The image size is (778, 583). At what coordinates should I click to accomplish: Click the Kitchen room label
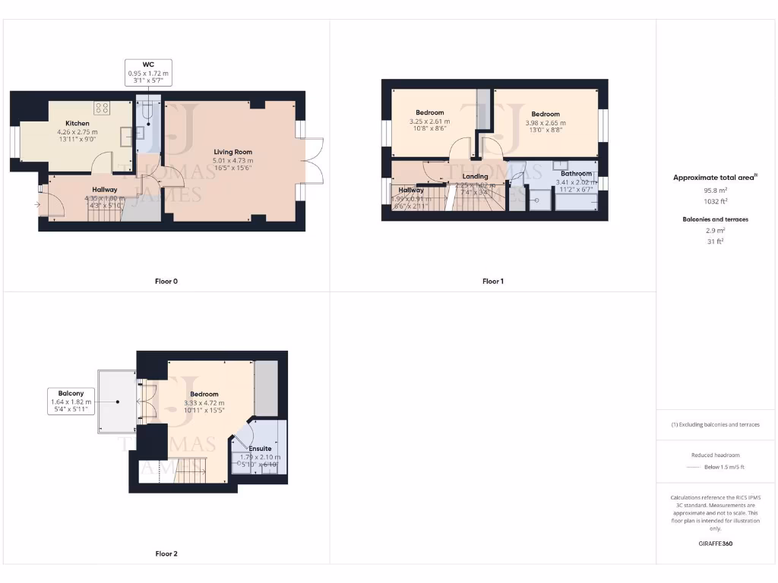(77, 123)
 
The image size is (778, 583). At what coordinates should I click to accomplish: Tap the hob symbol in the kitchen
(102, 107)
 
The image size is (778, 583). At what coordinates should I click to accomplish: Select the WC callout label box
(148, 72)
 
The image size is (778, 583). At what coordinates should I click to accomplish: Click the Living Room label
(232, 152)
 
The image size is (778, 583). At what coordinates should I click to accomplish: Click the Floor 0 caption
(166, 281)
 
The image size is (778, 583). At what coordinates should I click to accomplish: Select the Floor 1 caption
(492, 281)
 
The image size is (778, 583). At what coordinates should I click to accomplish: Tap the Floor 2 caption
(166, 553)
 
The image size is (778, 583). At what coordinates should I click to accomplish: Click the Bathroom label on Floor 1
(576, 174)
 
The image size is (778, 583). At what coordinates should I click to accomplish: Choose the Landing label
(475, 176)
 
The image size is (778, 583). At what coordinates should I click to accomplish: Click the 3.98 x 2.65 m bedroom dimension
(546, 122)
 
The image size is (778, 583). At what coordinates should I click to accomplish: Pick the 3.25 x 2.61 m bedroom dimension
(429, 121)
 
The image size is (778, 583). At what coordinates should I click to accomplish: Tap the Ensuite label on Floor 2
(260, 449)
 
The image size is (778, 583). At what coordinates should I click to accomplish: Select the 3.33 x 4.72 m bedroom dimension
(204, 402)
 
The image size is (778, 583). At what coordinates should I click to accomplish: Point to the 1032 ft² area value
(716, 202)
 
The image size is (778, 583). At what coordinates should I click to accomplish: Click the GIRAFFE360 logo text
(716, 544)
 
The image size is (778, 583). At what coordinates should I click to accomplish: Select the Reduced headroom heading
(716, 455)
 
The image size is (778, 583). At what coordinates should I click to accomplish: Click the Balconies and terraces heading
(716, 219)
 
